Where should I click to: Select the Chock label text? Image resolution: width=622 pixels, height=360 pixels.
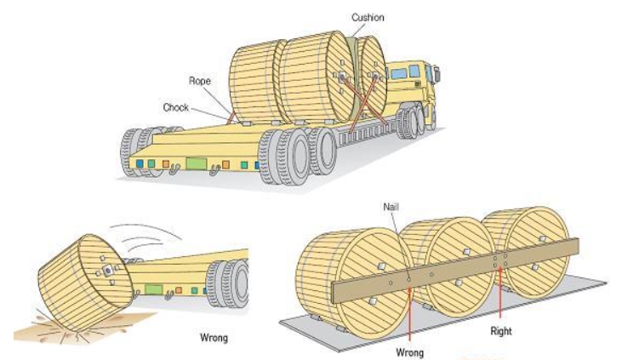tap(175, 107)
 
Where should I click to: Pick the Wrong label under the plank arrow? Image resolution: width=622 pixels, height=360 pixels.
tap(410, 349)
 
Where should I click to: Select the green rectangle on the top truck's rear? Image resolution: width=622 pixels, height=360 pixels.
tap(197, 162)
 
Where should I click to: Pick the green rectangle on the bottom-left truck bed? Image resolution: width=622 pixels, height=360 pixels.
tap(153, 290)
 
